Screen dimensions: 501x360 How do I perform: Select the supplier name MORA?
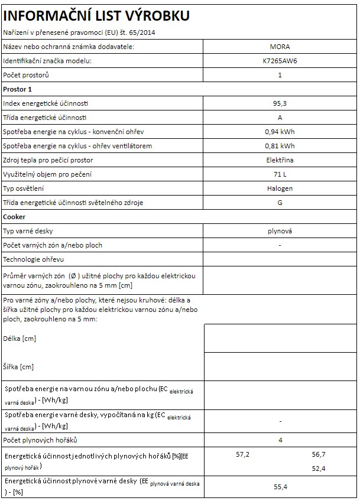tap(280, 47)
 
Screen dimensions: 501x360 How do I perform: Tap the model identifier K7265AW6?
tap(280, 61)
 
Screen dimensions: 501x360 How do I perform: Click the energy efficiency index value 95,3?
tap(280, 103)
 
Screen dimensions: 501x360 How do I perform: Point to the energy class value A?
tap(280, 118)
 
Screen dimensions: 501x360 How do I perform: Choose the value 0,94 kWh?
tap(280, 132)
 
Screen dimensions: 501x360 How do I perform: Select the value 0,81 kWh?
tap(280, 146)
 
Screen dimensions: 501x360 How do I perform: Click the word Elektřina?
tap(280, 160)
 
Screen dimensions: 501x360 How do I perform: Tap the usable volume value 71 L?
tap(280, 174)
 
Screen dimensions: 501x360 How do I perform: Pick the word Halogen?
tap(280, 188)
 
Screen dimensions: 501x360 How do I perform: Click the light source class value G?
tap(280, 203)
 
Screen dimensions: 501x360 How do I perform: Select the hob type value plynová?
tap(280, 231)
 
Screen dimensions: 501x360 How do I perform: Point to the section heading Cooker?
tap(14, 217)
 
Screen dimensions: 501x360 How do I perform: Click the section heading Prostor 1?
tap(17, 89)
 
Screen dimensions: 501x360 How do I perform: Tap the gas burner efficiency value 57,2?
tap(243, 454)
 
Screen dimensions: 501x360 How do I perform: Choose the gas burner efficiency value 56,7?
tap(319, 454)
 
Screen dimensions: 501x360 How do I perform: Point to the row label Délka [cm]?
tap(20, 339)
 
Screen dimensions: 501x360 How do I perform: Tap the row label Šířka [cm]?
tap(19, 367)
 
